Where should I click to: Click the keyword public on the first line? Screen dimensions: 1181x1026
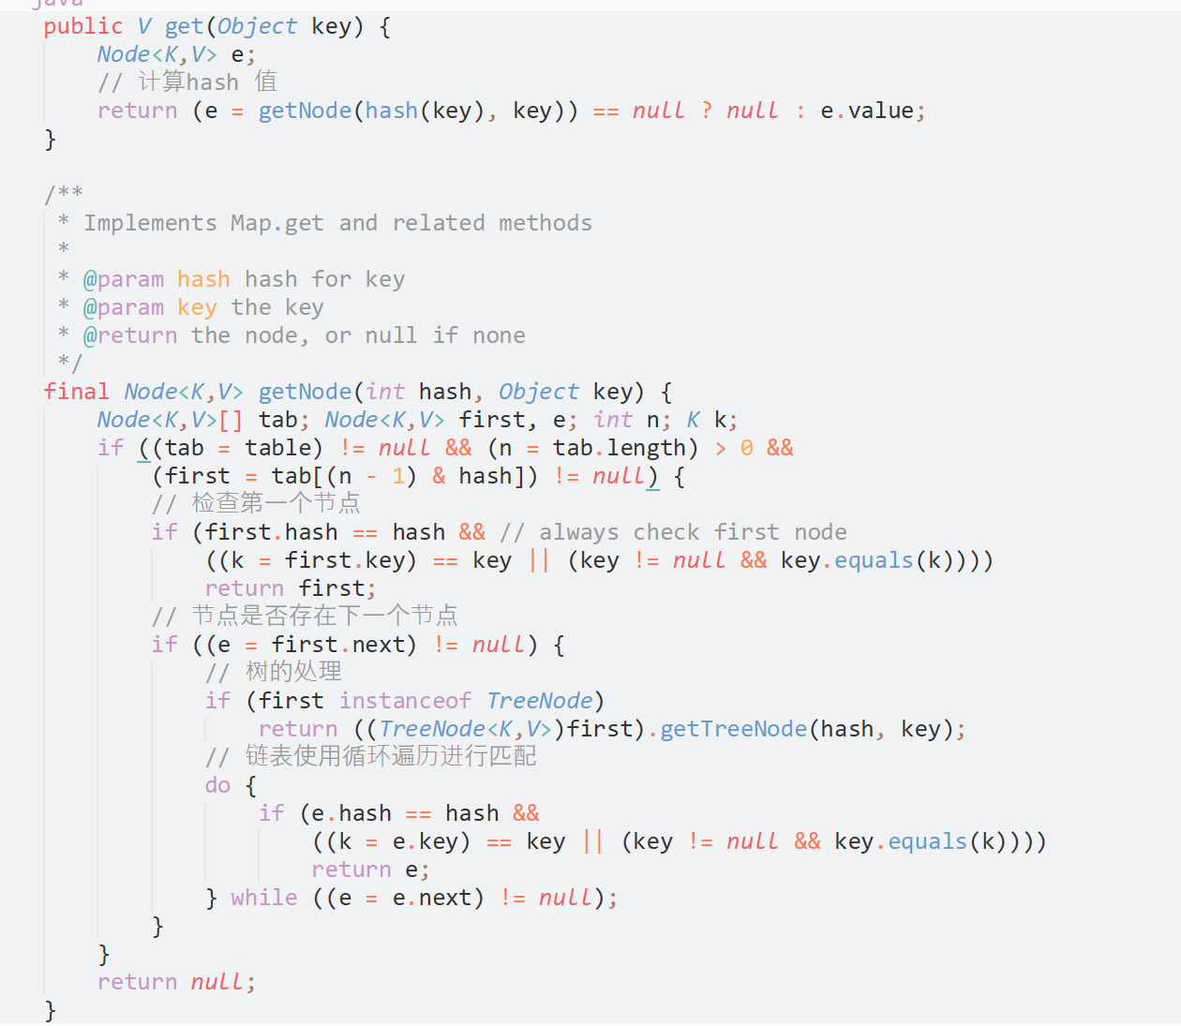pos(82,26)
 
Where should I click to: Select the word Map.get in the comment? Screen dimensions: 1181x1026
pos(277,223)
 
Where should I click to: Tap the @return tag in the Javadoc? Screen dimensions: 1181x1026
pos(129,335)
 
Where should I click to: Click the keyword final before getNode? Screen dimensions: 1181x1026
pos(76,392)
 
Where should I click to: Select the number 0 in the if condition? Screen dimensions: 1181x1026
pos(747,448)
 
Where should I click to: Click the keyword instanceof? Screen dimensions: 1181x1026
pos(405,701)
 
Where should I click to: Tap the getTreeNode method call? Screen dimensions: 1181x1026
pos(734,729)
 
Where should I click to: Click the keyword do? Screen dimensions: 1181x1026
pos(217,785)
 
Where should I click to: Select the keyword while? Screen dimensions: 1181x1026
pos(264,898)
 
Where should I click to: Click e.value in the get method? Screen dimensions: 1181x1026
pos(867,111)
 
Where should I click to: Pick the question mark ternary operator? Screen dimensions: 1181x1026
pos(707,111)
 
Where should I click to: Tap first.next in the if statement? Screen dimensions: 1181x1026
pos(343,645)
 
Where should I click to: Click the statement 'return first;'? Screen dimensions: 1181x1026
pos(291,588)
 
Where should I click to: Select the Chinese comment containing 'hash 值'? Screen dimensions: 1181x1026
pos(187,82)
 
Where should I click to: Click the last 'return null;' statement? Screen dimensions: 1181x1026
pos(176,982)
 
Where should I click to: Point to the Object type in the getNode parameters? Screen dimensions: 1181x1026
pos(538,392)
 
